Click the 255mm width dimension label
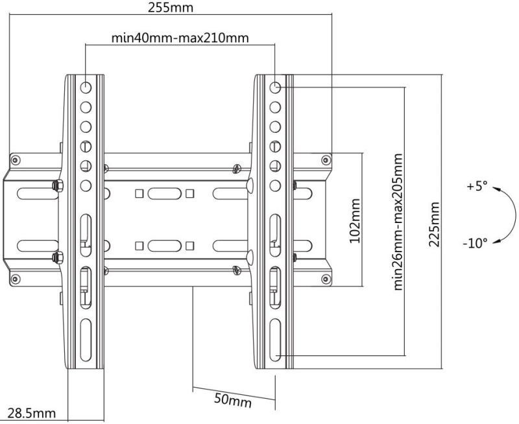tap(171, 8)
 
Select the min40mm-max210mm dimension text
tap(180, 37)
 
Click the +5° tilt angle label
tap(476, 187)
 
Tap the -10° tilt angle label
tap(475, 244)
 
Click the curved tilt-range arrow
tap(509, 214)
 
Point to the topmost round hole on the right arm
tap(275, 86)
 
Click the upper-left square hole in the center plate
tap(139, 193)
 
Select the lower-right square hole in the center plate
tap(189, 246)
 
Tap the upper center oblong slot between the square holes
tap(163, 193)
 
